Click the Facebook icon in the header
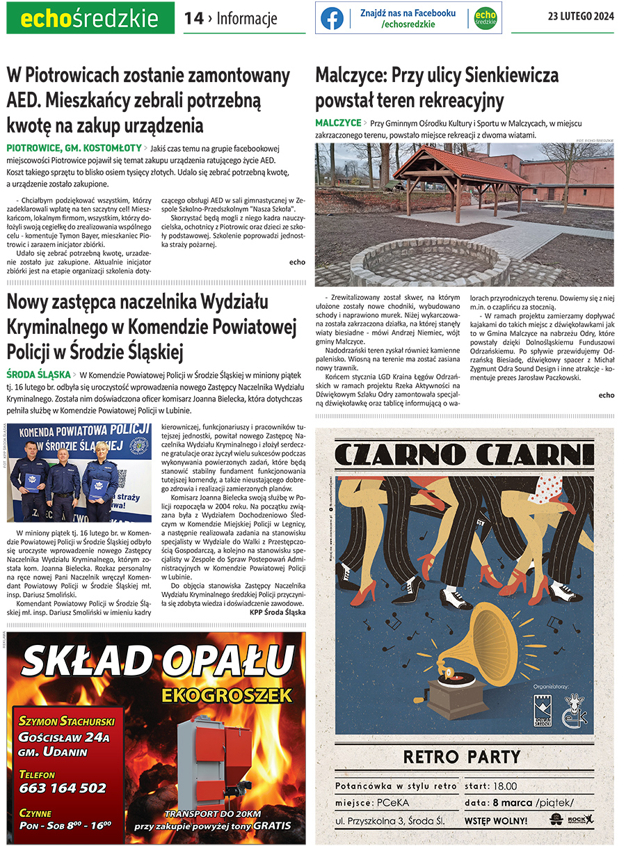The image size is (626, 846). pos(332,18)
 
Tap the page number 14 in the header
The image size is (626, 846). pos(193,19)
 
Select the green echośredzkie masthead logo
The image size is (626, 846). pos(90,19)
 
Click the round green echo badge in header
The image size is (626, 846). pos(485,18)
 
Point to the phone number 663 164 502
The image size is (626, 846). pos(63,788)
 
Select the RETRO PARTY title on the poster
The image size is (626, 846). pos(460,756)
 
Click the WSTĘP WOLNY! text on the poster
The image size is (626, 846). pos(496,821)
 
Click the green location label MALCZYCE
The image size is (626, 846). pos(338,123)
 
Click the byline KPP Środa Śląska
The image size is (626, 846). pos(277,612)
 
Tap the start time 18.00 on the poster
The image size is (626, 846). pos(504,786)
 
